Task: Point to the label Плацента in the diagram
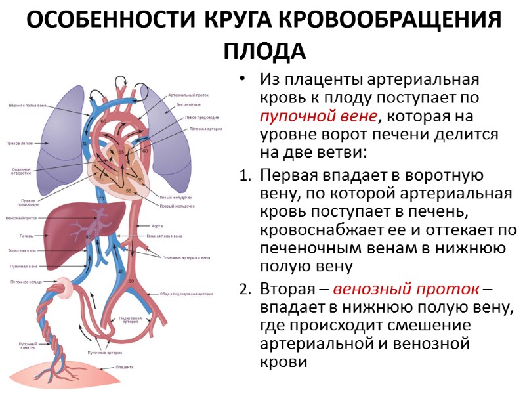(x=125, y=366)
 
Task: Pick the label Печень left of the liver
(x=26, y=235)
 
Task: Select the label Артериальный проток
(x=188, y=95)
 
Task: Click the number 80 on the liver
(x=89, y=236)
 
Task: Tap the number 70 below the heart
(x=101, y=199)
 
